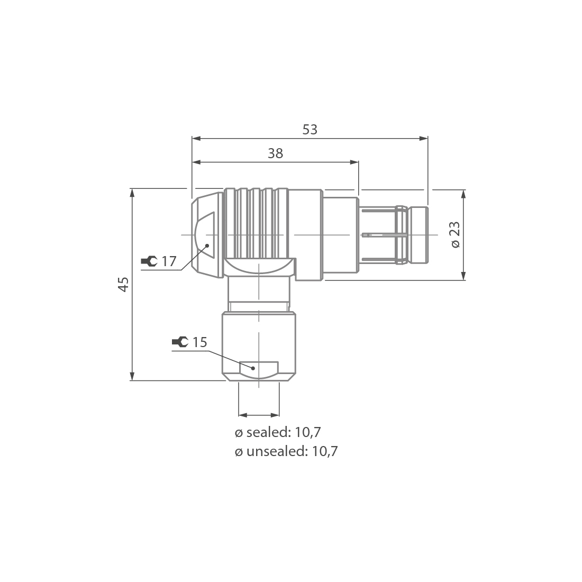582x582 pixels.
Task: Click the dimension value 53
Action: click(310, 130)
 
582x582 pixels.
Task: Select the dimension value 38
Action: click(275, 153)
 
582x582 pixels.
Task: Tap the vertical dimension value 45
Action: click(123, 284)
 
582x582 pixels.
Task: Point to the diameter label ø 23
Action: click(455, 234)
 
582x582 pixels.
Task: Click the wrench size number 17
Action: click(169, 261)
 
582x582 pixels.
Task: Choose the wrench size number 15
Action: click(199, 342)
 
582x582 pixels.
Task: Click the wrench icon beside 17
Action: click(149, 261)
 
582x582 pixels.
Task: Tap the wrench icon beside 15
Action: click(180, 342)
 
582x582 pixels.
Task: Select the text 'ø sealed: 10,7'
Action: click(278, 432)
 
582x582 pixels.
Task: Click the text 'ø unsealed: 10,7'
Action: click(286, 451)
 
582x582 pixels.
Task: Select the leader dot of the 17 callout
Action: click(207, 245)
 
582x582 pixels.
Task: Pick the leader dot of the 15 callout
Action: click(253, 368)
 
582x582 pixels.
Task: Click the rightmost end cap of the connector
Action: click(419, 235)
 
